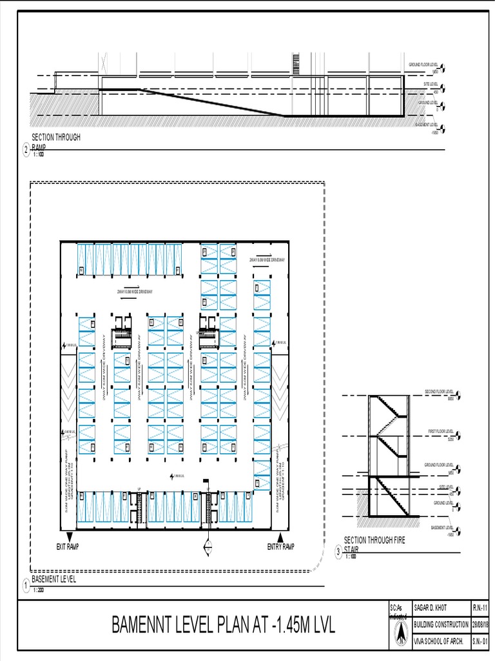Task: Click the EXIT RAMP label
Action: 67,547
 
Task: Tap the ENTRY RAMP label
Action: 280,547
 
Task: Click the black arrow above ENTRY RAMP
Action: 280,538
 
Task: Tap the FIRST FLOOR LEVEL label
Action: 441,431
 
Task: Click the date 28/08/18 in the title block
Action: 480,625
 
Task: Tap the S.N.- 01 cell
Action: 480,641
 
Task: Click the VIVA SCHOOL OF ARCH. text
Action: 440,641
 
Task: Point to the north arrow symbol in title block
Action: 400,636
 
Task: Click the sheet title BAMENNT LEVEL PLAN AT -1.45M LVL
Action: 224,625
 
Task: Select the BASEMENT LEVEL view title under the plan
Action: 54,580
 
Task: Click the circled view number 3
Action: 338,552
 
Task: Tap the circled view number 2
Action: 26,151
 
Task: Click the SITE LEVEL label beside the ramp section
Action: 431,85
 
